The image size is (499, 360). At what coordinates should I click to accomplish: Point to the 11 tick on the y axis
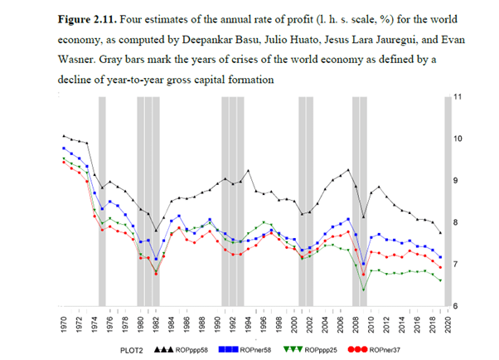[458, 97]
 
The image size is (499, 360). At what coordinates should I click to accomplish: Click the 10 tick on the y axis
[458, 139]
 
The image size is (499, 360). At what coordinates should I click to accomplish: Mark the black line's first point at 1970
[65, 135]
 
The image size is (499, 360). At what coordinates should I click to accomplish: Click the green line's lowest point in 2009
[363, 289]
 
